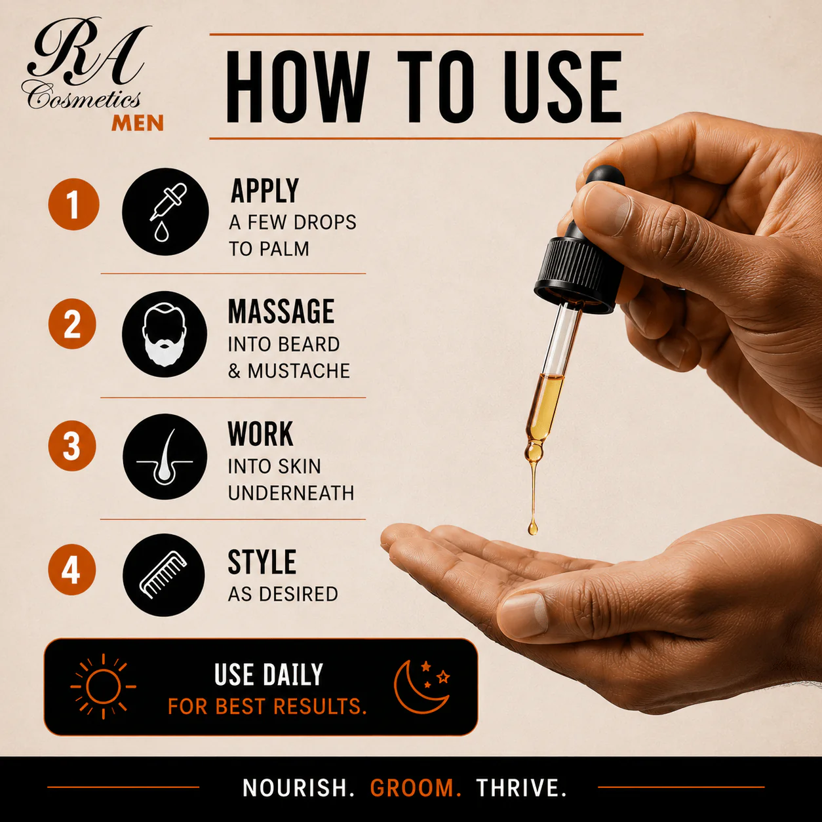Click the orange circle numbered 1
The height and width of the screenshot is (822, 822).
[73, 205]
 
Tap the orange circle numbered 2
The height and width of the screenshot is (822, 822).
[72, 324]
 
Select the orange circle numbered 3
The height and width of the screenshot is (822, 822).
[71, 446]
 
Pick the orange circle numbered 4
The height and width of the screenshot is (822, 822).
[71, 570]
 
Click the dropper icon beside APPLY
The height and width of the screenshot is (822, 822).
[165, 212]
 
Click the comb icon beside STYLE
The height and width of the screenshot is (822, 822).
[164, 575]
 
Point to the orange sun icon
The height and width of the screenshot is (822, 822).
[103, 686]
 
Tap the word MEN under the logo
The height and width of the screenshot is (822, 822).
[138, 123]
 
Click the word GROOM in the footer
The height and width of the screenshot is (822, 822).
[416, 788]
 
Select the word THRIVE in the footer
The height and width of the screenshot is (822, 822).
[521, 788]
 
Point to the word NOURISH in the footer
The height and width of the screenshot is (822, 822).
[298, 788]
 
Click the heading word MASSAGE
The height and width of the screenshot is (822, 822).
[281, 311]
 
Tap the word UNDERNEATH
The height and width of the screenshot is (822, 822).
[291, 493]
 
